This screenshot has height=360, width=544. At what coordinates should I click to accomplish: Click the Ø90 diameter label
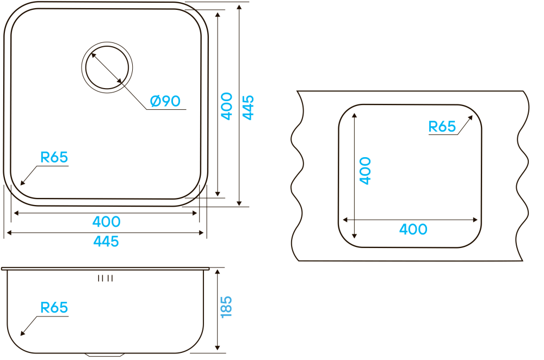165,101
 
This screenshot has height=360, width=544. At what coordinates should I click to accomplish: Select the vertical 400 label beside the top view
227,106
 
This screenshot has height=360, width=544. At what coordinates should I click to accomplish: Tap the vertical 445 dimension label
248,107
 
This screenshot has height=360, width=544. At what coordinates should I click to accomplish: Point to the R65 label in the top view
54,158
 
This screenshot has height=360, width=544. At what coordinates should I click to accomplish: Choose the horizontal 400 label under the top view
106,222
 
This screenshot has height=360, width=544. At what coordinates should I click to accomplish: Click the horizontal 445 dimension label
106,241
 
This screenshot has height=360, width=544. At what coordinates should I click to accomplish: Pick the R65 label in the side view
54,308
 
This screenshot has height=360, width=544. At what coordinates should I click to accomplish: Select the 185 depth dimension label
227,307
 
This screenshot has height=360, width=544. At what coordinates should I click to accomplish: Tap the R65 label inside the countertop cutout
442,127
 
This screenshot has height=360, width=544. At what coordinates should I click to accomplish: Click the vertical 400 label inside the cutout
365,170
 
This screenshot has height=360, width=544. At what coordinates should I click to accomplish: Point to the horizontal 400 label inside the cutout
413,229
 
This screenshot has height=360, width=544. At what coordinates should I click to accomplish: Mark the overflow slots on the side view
105,278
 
